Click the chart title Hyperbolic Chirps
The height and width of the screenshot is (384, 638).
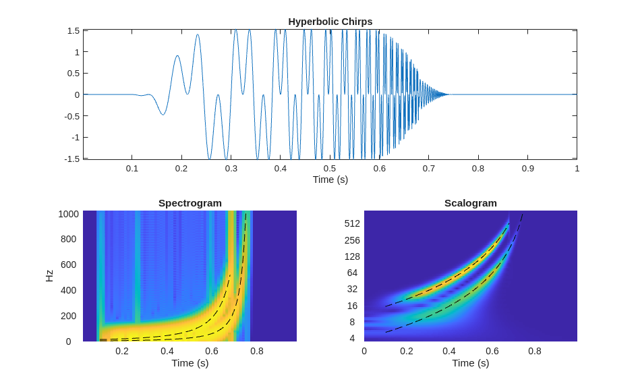(x=330, y=21)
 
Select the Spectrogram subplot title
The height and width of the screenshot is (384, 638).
(x=190, y=202)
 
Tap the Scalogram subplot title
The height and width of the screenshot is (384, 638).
(x=470, y=202)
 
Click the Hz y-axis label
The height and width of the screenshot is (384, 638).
(x=49, y=275)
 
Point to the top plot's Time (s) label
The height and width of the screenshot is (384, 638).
(x=330, y=180)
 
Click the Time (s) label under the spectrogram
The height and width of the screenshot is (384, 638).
(x=190, y=362)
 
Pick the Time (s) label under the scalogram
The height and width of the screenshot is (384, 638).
(x=470, y=362)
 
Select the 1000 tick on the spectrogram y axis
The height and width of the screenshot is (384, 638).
(x=68, y=214)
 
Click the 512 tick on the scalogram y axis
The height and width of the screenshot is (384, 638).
(x=352, y=223)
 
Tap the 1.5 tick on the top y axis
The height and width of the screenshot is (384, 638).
(x=73, y=30)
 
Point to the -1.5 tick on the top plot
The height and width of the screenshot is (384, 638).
(x=71, y=159)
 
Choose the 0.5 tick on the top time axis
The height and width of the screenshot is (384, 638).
(x=330, y=168)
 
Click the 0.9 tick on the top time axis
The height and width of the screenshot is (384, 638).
(x=527, y=168)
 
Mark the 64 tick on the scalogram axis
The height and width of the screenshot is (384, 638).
(x=352, y=273)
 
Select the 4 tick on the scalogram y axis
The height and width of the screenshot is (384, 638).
(x=352, y=338)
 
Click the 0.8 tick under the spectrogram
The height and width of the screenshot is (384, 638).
(x=257, y=351)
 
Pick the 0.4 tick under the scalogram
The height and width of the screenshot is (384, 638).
(x=449, y=351)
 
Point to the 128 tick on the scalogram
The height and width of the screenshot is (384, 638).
(x=352, y=256)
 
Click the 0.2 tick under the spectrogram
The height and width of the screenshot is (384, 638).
(x=122, y=351)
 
